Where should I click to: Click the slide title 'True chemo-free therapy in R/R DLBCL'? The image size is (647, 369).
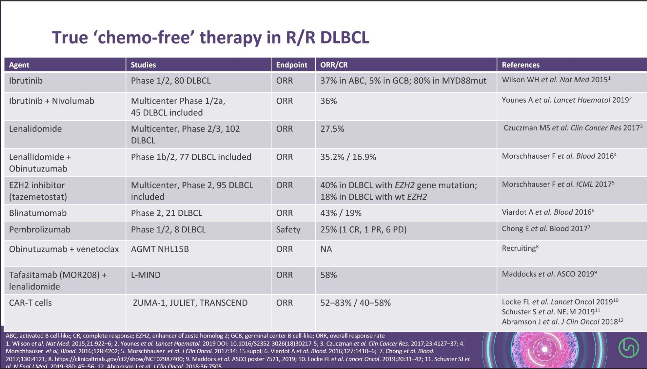point(210,37)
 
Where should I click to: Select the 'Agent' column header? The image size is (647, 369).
point(19,65)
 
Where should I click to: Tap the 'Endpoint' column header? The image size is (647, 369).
point(291,65)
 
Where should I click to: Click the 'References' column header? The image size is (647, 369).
point(520,65)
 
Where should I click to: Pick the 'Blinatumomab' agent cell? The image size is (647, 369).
point(38,213)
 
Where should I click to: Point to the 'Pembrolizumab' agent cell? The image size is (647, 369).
point(40,230)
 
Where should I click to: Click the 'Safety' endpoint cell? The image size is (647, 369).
point(288,230)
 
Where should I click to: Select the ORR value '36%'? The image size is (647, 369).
point(328,101)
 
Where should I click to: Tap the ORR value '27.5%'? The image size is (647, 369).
point(332,129)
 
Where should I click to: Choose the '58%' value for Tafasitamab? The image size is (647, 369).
point(328,275)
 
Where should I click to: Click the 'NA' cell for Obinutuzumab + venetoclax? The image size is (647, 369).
point(326,249)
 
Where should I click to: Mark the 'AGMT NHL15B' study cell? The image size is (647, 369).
point(160,249)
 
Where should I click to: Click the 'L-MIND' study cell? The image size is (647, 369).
point(145,275)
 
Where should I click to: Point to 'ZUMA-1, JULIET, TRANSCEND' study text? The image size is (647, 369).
point(190,303)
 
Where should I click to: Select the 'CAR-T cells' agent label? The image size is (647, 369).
point(30,303)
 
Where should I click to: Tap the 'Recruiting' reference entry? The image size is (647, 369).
point(519,248)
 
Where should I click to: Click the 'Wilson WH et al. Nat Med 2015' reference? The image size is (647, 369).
point(555,80)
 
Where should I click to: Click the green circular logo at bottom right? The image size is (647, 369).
point(628,348)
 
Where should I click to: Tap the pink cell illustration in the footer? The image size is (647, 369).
point(544,349)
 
